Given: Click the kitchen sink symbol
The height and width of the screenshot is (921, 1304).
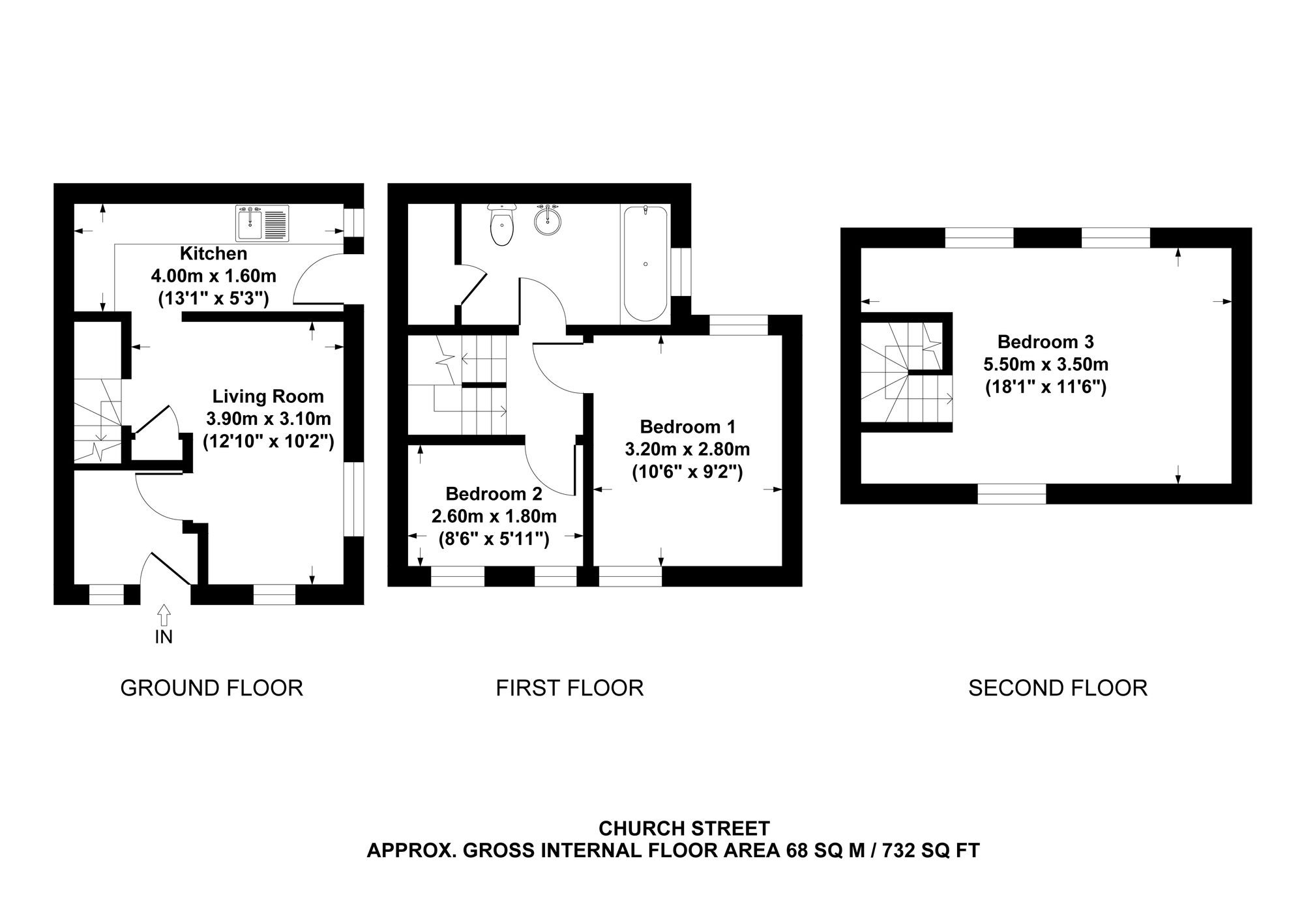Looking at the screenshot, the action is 263,224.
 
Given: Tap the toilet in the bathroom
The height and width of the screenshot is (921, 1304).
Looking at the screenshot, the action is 502,225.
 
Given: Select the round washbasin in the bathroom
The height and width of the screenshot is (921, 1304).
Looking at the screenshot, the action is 548,220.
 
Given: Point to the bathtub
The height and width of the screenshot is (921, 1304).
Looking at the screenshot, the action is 645,264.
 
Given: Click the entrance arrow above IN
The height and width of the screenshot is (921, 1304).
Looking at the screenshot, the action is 164,615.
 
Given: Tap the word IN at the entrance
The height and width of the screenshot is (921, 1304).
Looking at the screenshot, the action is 164,637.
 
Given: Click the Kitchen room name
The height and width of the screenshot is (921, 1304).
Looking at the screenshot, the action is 214,254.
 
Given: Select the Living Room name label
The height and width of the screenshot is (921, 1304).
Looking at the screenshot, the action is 268,396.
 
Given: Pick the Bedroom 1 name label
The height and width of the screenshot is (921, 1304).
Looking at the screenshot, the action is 688,427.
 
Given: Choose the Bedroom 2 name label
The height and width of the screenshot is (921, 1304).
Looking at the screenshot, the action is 494,493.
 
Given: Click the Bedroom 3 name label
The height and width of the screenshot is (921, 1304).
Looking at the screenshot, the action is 1046,342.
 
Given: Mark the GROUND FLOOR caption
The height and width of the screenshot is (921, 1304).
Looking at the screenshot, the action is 212,688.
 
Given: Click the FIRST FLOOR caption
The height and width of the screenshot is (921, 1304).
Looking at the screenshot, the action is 570,688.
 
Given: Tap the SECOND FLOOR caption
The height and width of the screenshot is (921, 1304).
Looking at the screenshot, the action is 1058,688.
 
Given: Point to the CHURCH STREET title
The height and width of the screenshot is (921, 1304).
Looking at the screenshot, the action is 684,828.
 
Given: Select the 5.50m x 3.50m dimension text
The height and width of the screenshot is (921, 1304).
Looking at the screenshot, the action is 1046,364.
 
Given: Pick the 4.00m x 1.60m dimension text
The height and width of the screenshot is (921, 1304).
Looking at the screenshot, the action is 214,276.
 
